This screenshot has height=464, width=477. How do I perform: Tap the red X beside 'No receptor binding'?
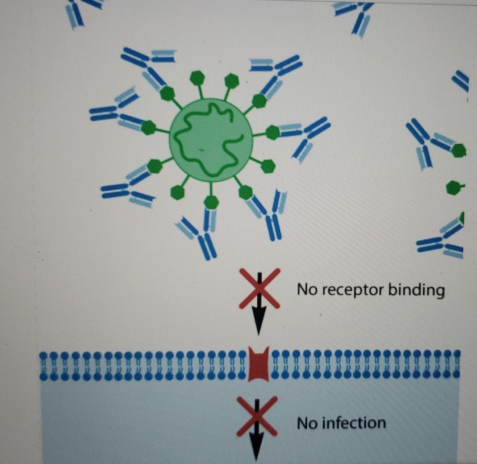(x=259, y=288)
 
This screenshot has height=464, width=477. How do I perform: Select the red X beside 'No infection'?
(x=257, y=416)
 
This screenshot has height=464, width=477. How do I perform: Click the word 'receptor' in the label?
(x=351, y=290)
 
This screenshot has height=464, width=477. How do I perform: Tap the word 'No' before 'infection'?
(x=307, y=423)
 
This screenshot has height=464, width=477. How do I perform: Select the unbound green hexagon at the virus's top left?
(x=197, y=78)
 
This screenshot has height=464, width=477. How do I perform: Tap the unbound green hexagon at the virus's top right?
(x=231, y=80)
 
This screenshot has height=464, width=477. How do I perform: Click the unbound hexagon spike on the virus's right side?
(x=268, y=166)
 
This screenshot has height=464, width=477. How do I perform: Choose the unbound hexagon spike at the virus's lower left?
(x=178, y=192)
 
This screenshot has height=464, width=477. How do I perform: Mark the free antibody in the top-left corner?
(x=80, y=12)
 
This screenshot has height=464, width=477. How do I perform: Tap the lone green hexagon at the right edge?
(x=453, y=187)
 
